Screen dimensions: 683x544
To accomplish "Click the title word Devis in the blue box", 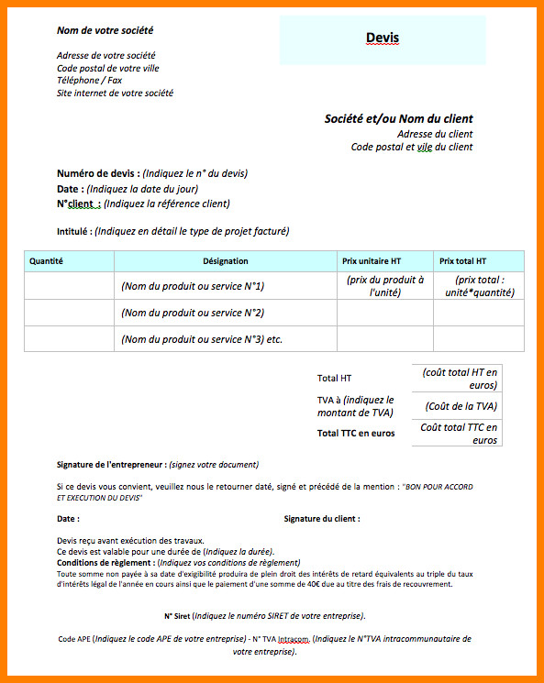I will (383, 38).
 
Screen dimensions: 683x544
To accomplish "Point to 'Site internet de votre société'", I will (115, 94).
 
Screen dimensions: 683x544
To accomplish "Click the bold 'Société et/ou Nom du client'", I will (398, 119).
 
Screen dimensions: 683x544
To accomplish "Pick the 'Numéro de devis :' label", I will (98, 173).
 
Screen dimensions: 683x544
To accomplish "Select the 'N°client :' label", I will (78, 204).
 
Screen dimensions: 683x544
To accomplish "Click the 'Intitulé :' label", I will (74, 232).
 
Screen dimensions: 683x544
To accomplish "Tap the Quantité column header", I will (46, 261).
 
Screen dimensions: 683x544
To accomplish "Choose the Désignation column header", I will (226, 261).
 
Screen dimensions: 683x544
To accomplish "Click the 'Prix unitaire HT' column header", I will (372, 261).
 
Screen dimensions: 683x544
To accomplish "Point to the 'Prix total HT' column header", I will (463, 261).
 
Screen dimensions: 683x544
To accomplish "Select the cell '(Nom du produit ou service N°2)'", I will (193, 313).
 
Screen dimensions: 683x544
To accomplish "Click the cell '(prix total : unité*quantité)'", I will (479, 286).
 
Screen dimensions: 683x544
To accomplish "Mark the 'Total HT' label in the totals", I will (334, 378).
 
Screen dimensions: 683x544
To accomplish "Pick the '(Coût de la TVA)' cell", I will (461, 406).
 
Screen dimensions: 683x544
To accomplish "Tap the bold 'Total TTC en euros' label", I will (356, 433).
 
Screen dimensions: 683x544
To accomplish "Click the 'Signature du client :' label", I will (322, 519).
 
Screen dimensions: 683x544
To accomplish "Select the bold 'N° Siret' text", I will (176, 615).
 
